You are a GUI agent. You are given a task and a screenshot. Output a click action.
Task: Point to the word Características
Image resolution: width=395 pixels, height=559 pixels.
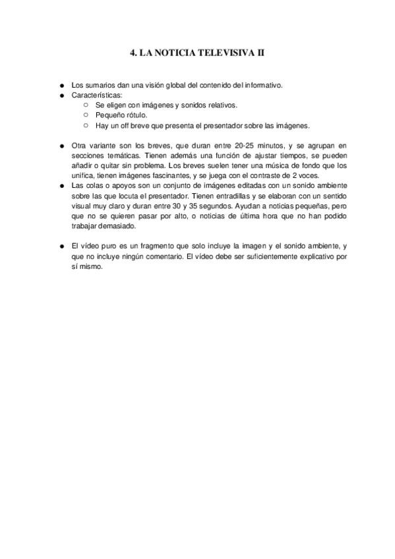pos(98,96)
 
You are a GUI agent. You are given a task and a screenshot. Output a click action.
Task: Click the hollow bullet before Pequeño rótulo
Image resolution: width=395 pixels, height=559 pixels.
pos(86,115)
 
